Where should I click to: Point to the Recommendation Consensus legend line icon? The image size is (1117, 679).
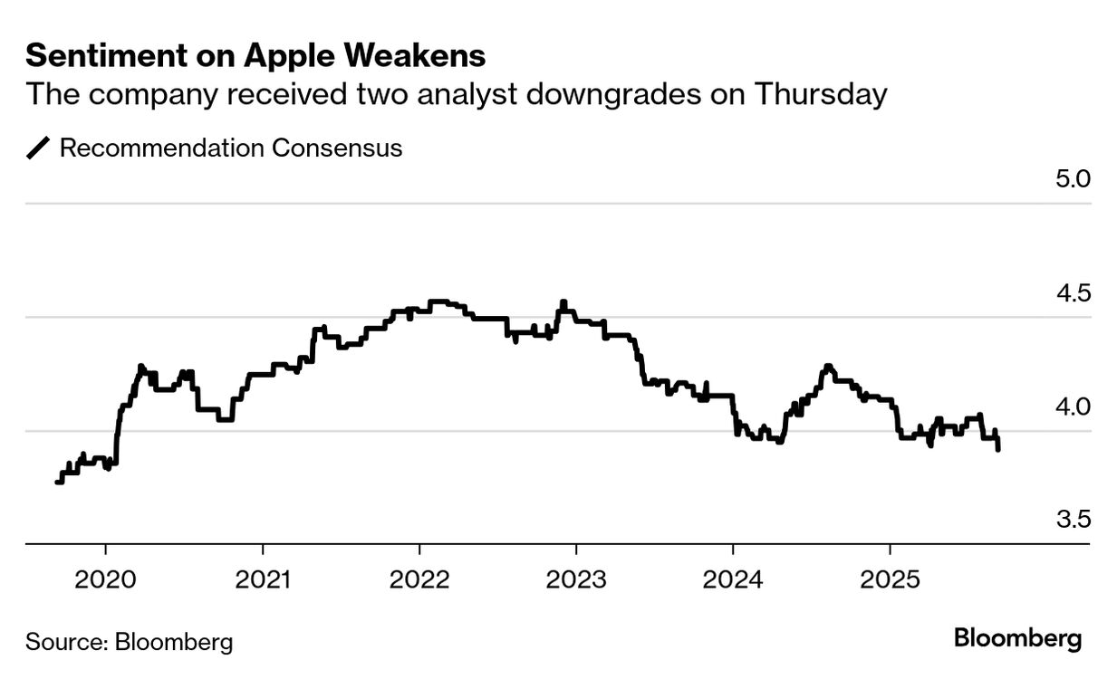click(x=39, y=148)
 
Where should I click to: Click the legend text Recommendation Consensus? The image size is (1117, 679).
click(x=230, y=148)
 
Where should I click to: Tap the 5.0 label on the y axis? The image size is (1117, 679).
click(x=1073, y=178)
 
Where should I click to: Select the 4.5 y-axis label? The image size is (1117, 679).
click(x=1073, y=292)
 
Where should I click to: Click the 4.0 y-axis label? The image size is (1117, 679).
click(x=1073, y=406)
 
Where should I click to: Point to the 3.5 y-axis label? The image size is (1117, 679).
click(x=1073, y=520)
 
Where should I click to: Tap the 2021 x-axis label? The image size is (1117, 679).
click(x=263, y=579)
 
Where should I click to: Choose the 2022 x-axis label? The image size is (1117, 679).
click(x=419, y=579)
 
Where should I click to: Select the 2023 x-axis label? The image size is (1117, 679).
click(x=576, y=579)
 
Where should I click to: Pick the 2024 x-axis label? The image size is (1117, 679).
click(x=733, y=579)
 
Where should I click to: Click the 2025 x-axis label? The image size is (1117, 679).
click(x=890, y=579)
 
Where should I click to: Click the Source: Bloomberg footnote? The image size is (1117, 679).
click(x=129, y=643)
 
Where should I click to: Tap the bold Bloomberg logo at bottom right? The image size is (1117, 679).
click(x=1017, y=638)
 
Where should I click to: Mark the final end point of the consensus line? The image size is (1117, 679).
click(x=997, y=449)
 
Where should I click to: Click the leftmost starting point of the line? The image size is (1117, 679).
click(x=57, y=483)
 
